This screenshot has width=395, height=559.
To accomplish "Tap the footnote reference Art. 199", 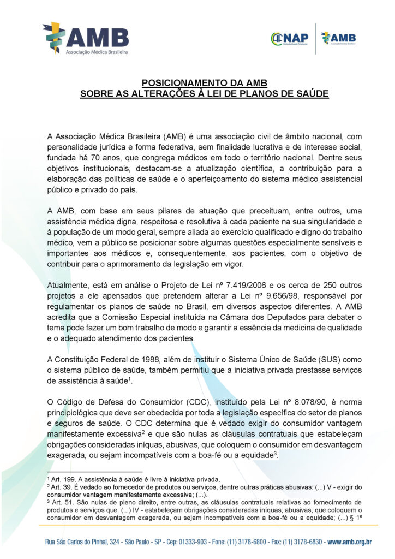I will click(x=60, y=479).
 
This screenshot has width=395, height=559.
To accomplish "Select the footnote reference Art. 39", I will click(x=59, y=486).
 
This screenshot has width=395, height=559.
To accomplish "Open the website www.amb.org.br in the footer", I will click(x=349, y=542).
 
